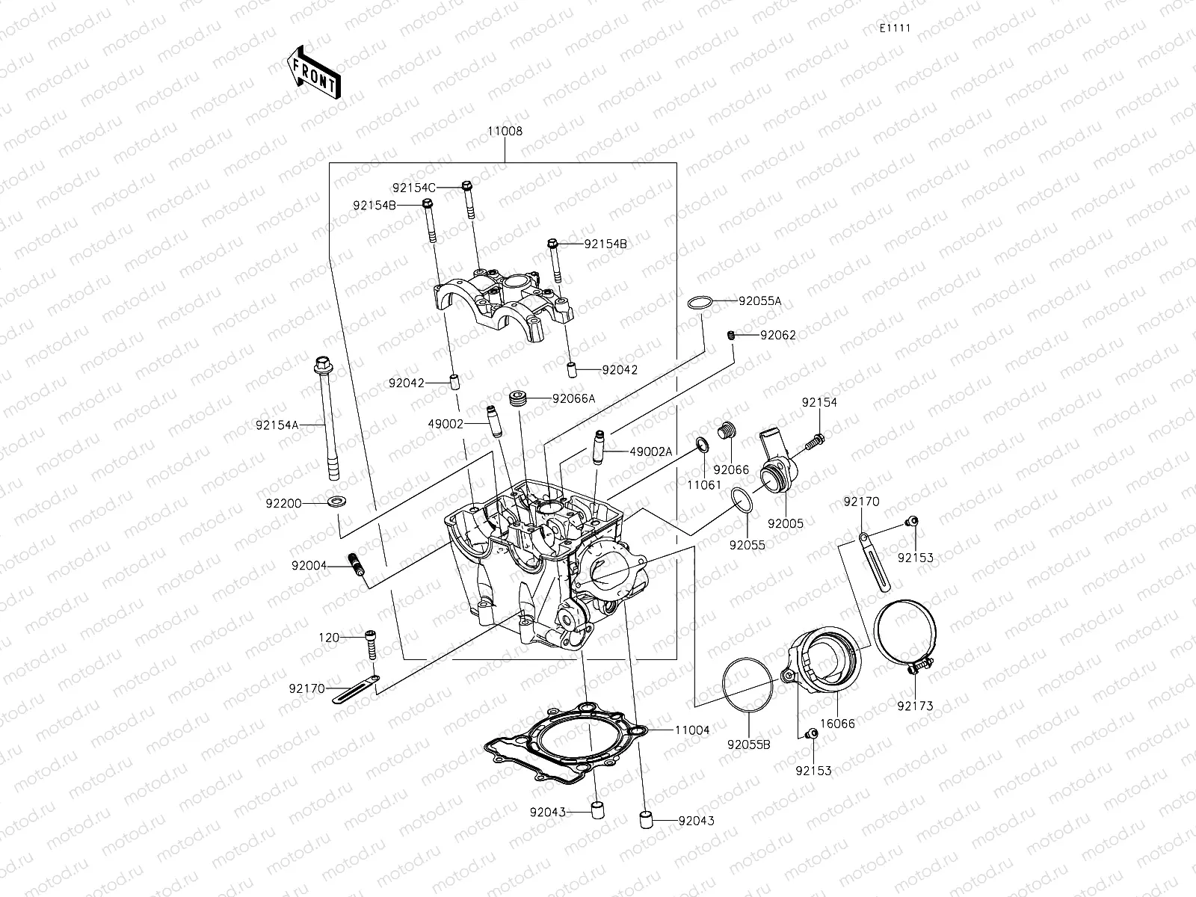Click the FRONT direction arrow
tap(313, 73)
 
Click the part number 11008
tap(505, 131)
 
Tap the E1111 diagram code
tap(894, 28)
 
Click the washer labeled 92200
tap(336, 499)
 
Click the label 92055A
tap(759, 301)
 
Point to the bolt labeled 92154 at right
tap(816, 443)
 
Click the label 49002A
tap(651, 451)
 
